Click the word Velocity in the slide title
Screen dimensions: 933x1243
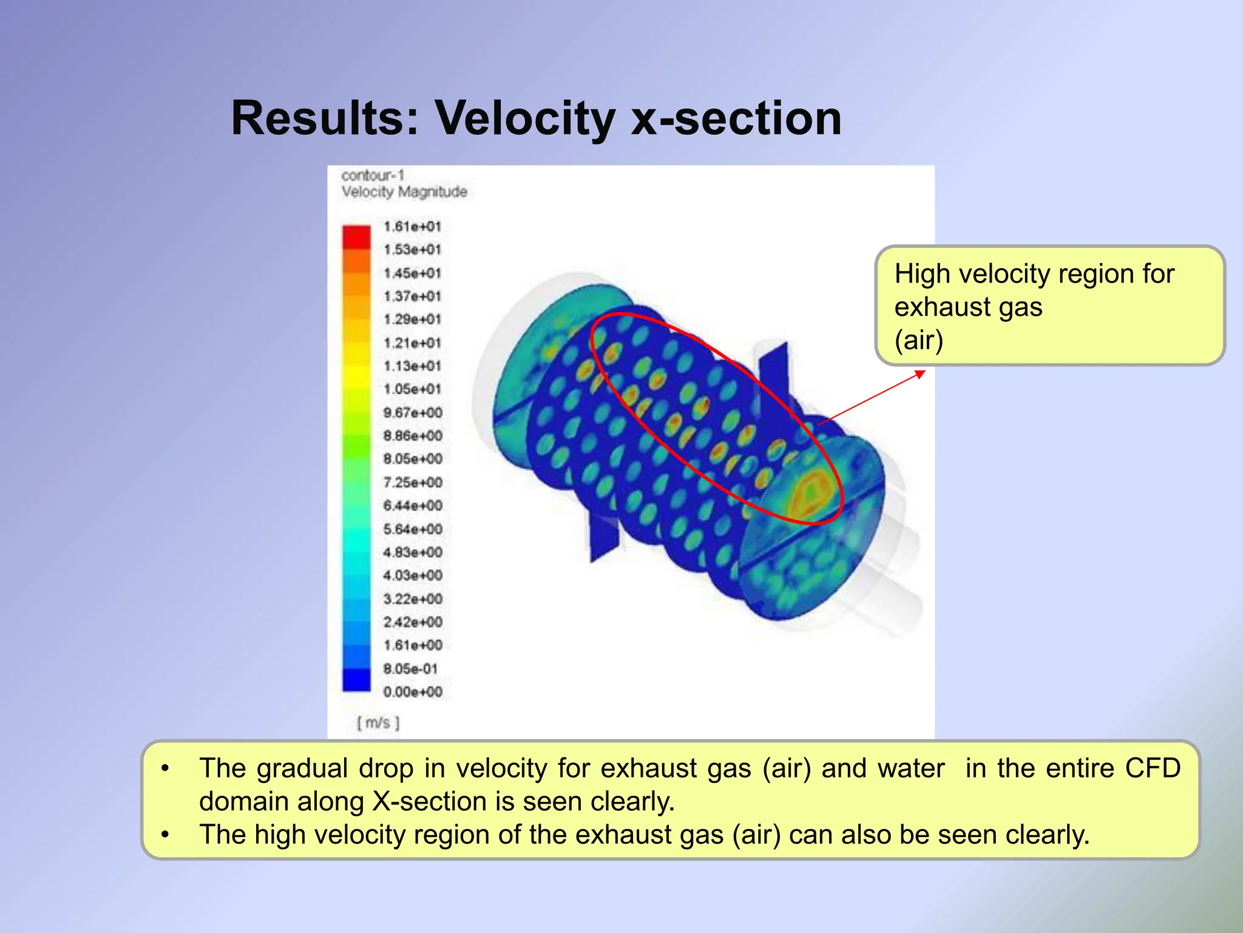(525, 118)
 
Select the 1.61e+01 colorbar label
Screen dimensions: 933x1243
(412, 227)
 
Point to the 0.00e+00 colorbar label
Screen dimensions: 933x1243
(413, 692)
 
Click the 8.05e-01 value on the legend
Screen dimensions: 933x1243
(410, 669)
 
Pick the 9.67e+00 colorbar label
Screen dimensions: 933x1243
(413, 412)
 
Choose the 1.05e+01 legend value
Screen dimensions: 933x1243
(412, 389)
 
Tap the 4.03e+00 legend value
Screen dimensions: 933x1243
(413, 575)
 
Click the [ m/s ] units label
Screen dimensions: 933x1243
(378, 723)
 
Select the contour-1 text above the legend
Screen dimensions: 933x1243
(372, 176)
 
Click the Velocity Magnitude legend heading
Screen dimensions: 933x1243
(404, 192)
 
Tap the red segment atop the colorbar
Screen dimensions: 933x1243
(356, 236)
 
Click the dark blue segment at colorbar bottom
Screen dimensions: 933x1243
(356, 680)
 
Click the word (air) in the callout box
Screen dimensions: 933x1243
(919, 340)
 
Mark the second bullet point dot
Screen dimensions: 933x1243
(165, 835)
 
